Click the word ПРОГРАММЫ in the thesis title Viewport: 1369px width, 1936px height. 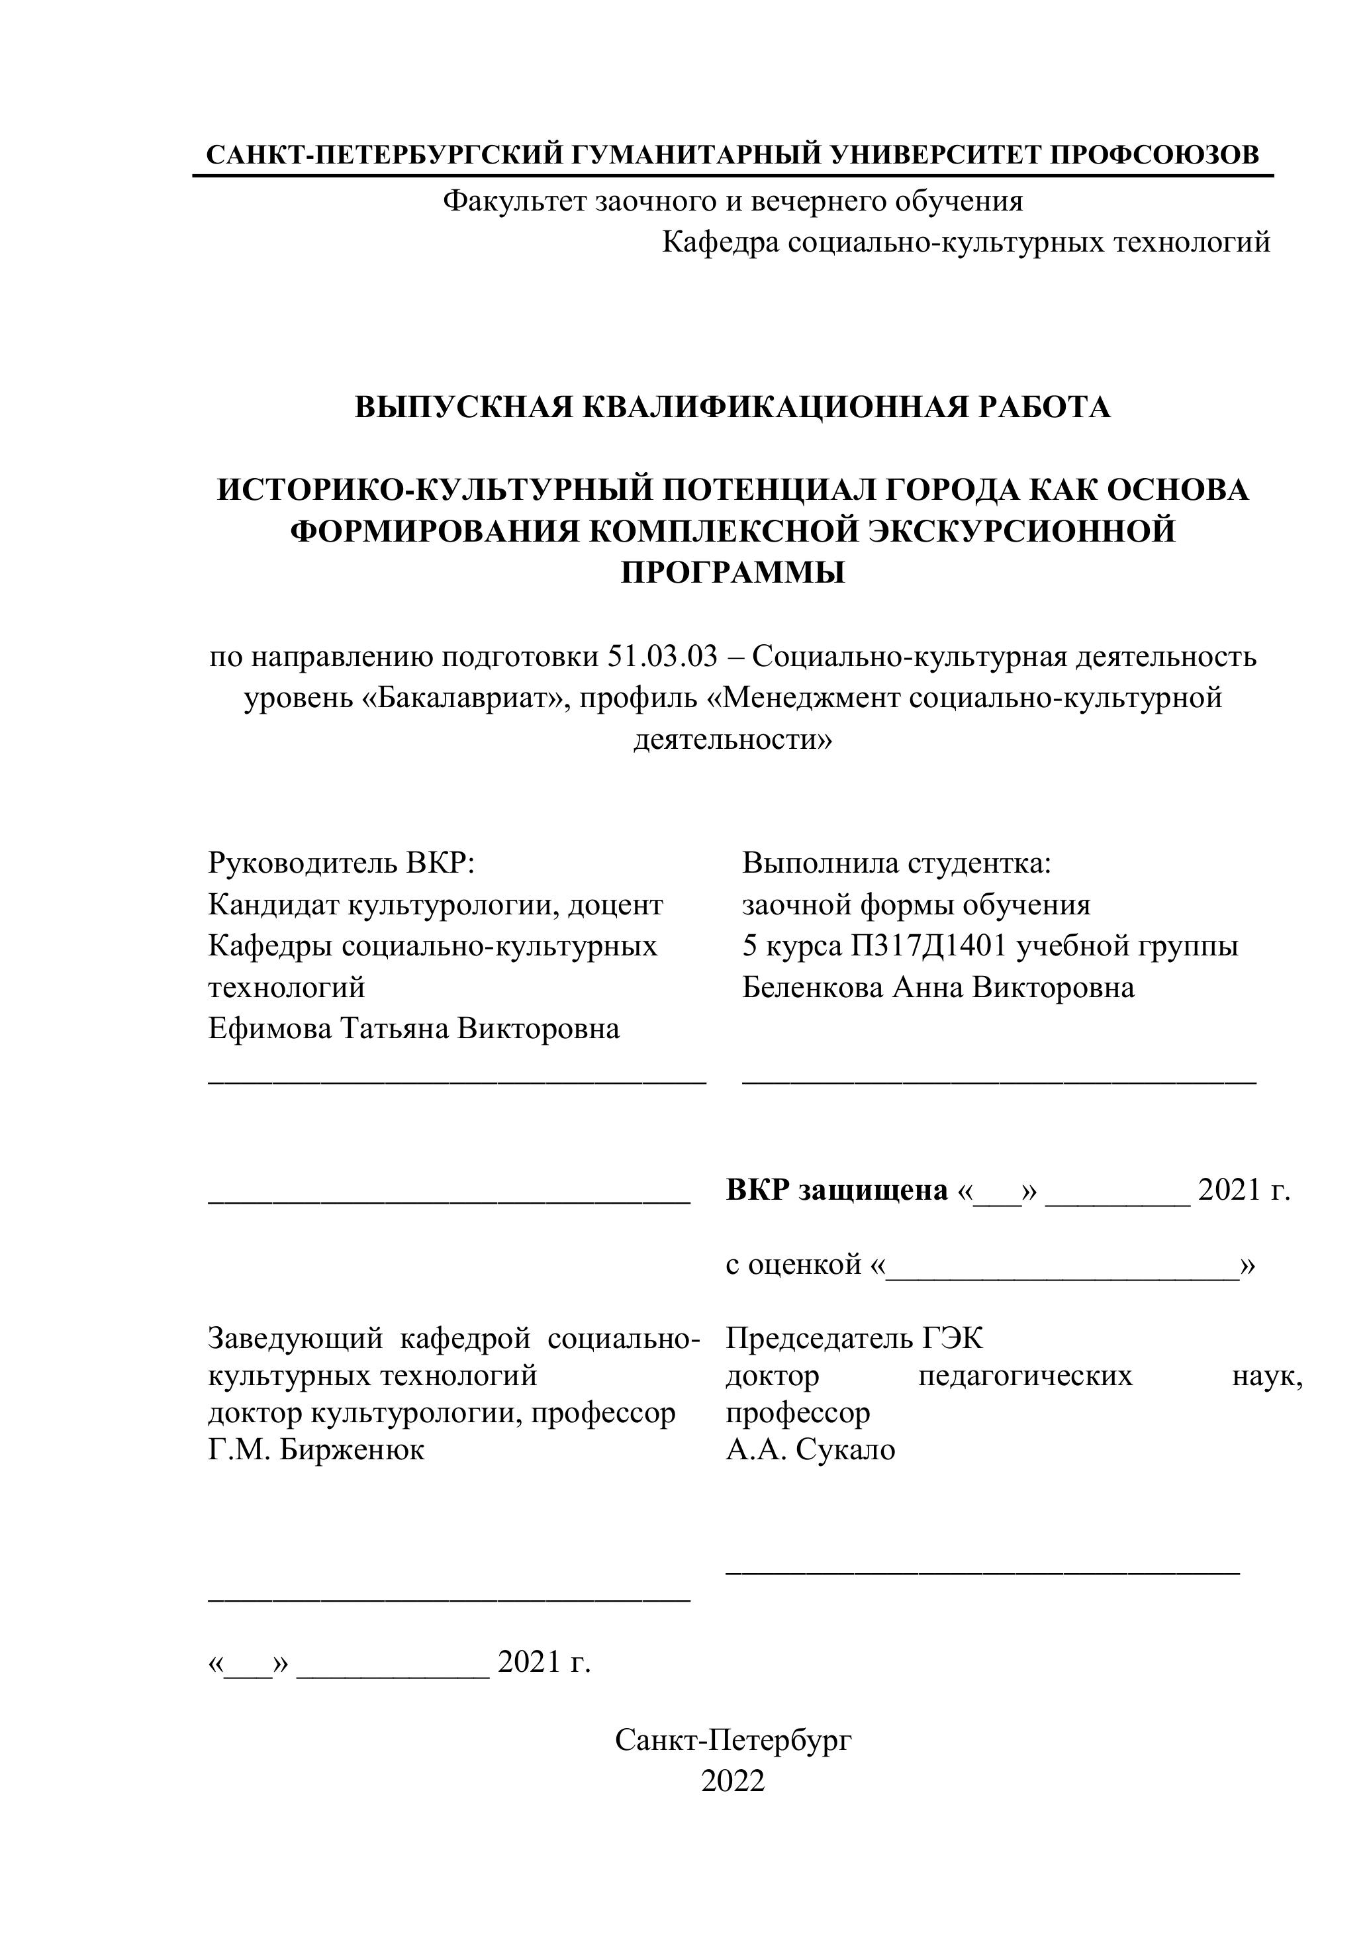733,573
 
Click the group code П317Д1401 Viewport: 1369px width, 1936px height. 928,945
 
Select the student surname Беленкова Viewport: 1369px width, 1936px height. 812,987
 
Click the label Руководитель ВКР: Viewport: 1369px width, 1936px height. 342,863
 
